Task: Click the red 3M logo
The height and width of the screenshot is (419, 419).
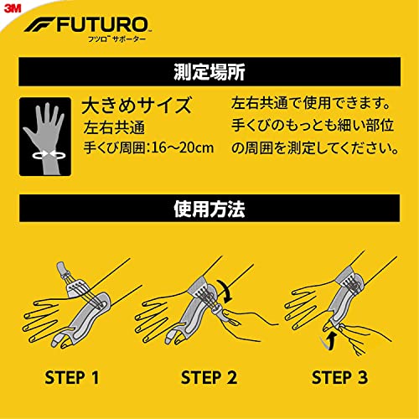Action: pos(13,8)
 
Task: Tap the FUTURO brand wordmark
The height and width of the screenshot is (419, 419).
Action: pos(103,25)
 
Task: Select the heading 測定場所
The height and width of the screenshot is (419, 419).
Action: pos(209,72)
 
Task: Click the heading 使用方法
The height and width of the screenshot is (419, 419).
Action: pos(209,209)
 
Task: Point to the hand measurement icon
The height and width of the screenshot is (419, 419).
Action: pos(45,137)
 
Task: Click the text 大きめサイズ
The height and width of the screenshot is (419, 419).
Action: pos(137,106)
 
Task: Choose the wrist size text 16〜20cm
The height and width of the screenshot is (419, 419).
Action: pos(182,147)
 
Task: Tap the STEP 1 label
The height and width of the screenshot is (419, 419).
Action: pos(72,377)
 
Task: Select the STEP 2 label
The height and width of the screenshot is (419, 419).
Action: pos(209,377)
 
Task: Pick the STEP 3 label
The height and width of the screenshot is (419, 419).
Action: pos(339,377)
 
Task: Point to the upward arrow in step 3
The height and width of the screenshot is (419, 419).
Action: pos(328,341)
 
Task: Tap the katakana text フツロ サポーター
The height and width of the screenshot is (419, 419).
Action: pos(116,39)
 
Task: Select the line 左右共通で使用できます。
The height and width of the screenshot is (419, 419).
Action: pos(311,103)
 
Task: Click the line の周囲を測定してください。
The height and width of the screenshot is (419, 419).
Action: pos(315,147)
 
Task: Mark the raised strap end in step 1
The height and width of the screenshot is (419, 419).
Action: pos(62,270)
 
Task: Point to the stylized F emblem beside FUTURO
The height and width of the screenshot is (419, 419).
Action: pos(39,24)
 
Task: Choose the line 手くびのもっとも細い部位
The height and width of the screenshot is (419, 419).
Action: pos(313,125)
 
